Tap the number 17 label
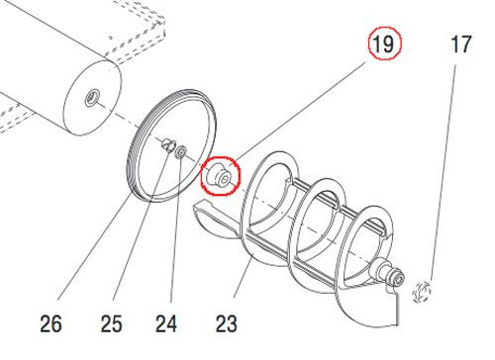(461, 45)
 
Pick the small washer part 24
(180, 150)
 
